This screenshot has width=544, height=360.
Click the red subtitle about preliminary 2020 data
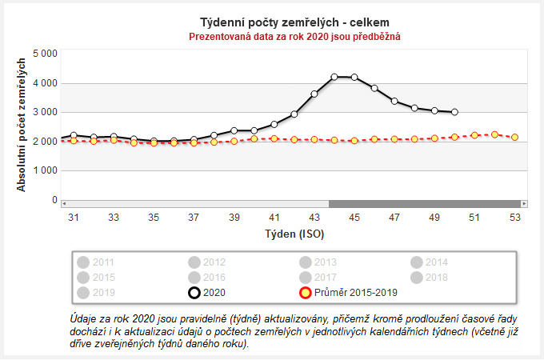tap(294, 36)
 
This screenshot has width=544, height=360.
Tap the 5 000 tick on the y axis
tap(44, 54)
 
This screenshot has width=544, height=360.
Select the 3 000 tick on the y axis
tap(44, 112)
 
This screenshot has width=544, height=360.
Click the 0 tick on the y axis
tap(54, 200)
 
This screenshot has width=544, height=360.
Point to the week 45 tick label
tap(354, 218)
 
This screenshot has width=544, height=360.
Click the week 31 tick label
tap(74, 218)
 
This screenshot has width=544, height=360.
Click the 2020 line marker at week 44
tap(334, 77)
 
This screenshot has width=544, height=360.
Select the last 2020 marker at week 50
tap(454, 112)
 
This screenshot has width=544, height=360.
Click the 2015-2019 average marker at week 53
tap(514, 138)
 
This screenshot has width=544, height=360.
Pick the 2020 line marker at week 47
tap(394, 101)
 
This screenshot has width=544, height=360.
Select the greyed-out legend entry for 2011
tap(96, 262)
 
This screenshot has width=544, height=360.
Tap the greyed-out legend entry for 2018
tap(430, 277)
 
